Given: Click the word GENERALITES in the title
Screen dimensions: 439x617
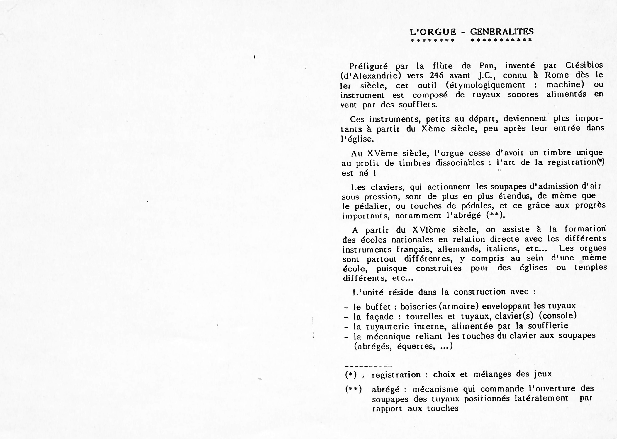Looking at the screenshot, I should click(502, 32).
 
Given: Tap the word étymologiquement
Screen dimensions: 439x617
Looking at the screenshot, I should click(486, 85).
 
